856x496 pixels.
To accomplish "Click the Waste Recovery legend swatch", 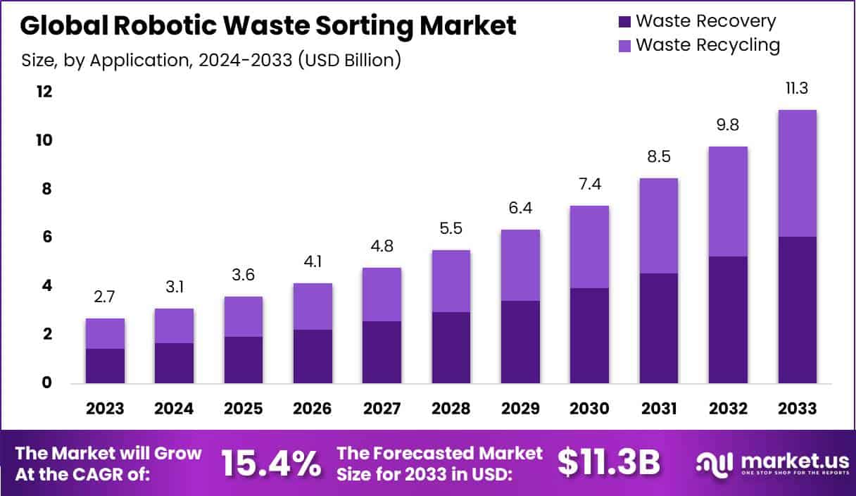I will click(623, 22).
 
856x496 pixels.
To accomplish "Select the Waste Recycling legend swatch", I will click(623, 46).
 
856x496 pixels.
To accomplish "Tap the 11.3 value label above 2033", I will click(797, 89).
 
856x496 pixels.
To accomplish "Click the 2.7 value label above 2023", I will click(105, 297).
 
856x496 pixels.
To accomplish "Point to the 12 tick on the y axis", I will click(44, 92).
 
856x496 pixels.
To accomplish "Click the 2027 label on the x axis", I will click(382, 409).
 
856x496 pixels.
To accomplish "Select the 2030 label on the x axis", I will click(589, 409).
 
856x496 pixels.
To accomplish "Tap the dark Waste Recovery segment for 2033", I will click(797, 310).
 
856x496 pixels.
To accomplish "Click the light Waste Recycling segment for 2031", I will click(658, 225).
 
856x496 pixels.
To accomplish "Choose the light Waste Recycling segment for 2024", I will click(174, 325).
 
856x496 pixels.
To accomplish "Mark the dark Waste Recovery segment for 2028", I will click(451, 347).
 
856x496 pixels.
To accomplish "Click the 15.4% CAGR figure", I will click(271, 463).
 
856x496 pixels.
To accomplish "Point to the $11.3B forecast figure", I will click(609, 462).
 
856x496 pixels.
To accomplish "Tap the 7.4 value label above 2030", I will click(589, 185).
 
